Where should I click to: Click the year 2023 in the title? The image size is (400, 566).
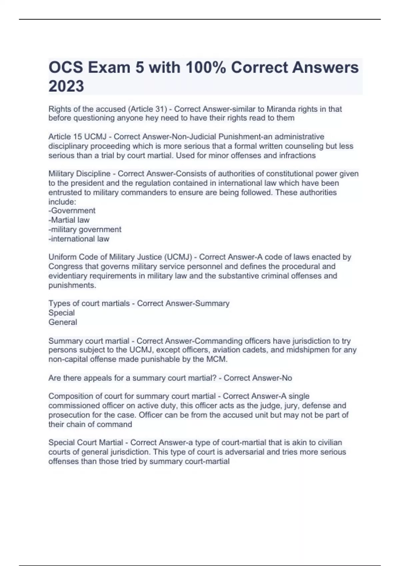66,86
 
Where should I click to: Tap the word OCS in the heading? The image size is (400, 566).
66,68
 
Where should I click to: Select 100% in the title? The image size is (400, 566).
206,68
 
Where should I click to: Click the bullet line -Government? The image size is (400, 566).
72,210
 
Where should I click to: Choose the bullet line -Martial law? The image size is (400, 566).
69,220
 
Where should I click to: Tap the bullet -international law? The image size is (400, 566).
79,239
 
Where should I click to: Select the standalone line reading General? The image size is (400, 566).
63,322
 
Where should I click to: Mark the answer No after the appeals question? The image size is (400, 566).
287,378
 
